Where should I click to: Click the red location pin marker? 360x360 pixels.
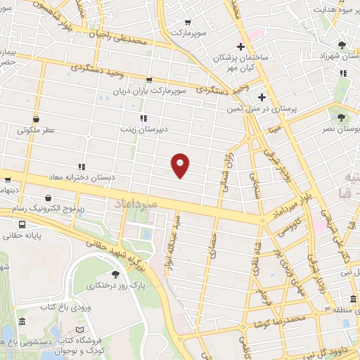pos(181,165)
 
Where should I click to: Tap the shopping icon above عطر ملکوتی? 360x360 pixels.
pos(36,118)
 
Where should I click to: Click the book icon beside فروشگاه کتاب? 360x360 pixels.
pos(79,329)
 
